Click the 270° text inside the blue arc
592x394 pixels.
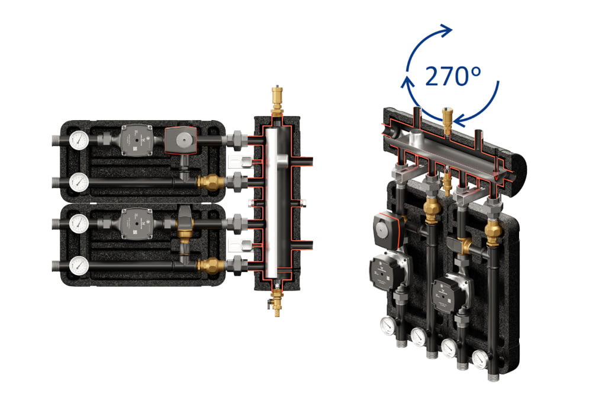click(x=453, y=76)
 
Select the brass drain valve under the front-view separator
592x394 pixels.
click(x=276, y=300)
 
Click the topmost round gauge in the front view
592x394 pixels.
click(x=79, y=140)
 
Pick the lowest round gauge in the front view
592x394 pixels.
click(x=79, y=265)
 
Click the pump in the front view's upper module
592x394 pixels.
click(x=136, y=140)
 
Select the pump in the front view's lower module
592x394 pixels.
click(x=136, y=224)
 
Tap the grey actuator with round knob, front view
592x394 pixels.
click(x=181, y=140)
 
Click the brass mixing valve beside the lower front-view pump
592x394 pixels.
click(x=185, y=225)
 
